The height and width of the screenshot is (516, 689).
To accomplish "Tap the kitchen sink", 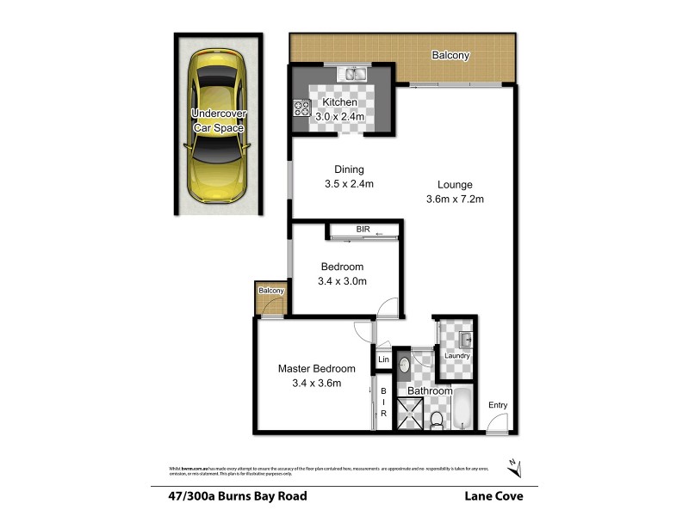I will click(x=354, y=75).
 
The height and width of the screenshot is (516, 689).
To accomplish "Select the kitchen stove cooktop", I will click(x=302, y=108).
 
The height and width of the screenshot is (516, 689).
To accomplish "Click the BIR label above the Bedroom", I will click(x=363, y=230).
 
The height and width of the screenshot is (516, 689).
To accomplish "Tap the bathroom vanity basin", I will click(x=407, y=366).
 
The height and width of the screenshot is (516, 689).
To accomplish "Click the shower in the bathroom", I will click(x=412, y=414).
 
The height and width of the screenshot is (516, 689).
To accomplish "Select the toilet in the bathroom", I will click(x=437, y=420).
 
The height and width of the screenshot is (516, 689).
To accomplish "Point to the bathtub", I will click(x=462, y=409).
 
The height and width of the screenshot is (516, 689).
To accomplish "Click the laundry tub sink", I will click(x=462, y=338).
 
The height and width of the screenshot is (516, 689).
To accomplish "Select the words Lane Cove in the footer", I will click(x=493, y=495).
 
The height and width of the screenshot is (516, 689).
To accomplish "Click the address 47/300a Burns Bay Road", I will click(x=239, y=495).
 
